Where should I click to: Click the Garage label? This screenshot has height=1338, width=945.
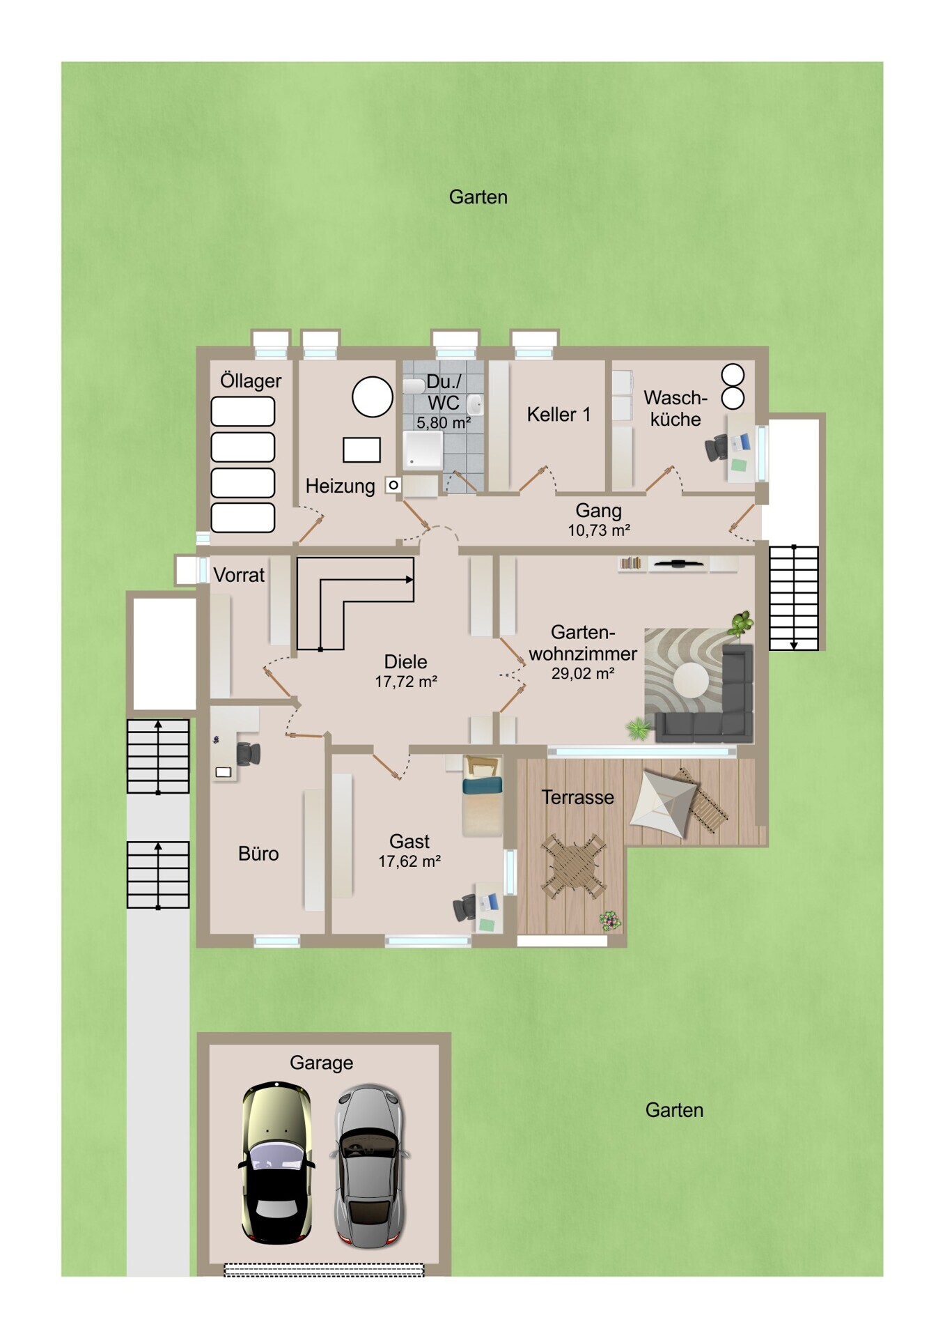[x=321, y=1063]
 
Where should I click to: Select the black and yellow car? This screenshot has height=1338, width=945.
[x=276, y=1163]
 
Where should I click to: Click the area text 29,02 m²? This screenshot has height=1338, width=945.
[x=583, y=673]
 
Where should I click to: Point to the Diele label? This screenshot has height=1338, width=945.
[x=405, y=661]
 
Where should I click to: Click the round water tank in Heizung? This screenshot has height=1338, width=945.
[x=373, y=397]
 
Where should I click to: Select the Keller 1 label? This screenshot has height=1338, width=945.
[x=559, y=415]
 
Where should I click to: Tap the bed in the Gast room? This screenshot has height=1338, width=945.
[x=483, y=796]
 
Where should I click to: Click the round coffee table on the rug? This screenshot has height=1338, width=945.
[x=691, y=680]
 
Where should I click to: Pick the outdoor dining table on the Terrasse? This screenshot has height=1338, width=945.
[x=574, y=866]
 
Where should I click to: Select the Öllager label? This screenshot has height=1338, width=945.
[x=251, y=380]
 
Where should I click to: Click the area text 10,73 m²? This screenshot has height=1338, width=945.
[x=599, y=530]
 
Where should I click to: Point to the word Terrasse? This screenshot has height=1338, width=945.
[x=578, y=797]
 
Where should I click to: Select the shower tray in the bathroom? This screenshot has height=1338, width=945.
[x=423, y=449]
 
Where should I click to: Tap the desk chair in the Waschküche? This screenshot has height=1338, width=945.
[x=717, y=447]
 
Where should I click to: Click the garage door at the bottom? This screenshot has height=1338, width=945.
[x=324, y=1270]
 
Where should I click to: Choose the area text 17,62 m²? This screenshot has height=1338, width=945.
[x=409, y=861]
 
